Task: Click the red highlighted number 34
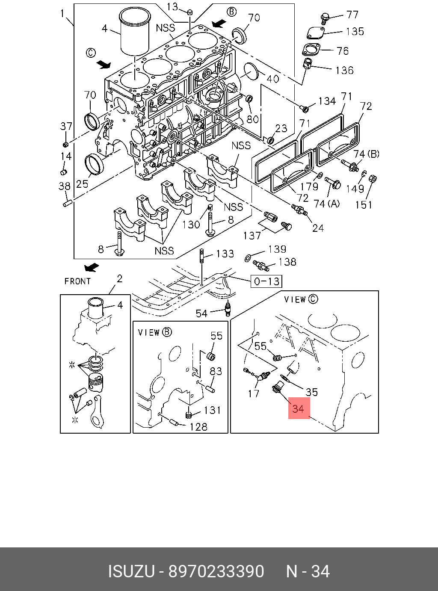point(299,408)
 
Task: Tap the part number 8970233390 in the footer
point(216,571)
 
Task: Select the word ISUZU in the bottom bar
point(130,571)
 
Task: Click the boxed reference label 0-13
point(266,281)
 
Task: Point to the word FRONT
point(77,281)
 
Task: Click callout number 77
point(352,15)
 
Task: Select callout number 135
point(355,31)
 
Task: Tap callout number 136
point(344,70)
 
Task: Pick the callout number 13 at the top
point(172,6)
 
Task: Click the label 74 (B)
point(366,154)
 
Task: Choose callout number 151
point(364,205)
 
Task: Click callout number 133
point(225,254)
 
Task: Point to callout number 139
point(277,249)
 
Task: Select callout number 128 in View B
point(198,426)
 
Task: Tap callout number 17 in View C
point(254,393)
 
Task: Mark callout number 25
point(82,183)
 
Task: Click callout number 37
point(66,126)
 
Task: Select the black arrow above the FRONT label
point(91,267)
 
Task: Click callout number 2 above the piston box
point(119,279)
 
